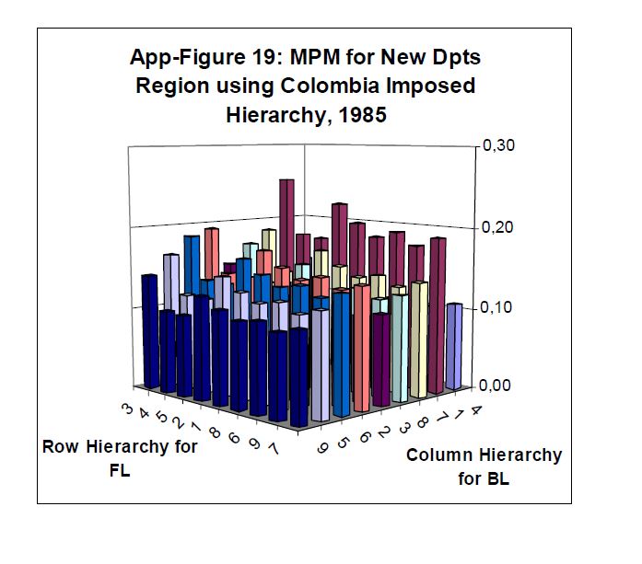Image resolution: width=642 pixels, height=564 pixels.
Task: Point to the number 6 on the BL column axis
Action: click(360, 437)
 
